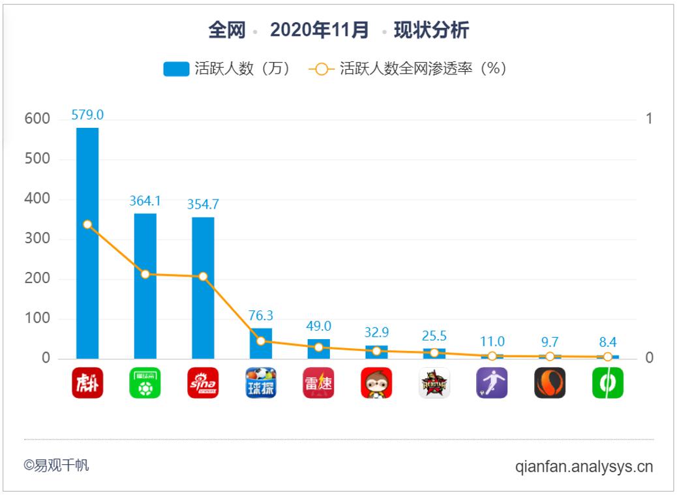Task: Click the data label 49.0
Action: coord(318,326)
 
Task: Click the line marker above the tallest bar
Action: coord(87,224)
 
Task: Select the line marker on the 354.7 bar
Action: coord(203,277)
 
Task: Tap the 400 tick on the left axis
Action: coord(37,199)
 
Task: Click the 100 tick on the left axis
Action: coord(37,319)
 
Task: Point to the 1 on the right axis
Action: coord(648,119)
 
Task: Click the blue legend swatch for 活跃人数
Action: coord(176,69)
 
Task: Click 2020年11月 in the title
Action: coord(319,30)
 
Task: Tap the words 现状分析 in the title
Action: coord(431,30)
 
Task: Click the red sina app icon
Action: coord(203,383)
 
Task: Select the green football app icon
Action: coord(145,383)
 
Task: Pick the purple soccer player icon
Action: coord(492,383)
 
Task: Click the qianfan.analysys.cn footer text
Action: coord(584,467)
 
